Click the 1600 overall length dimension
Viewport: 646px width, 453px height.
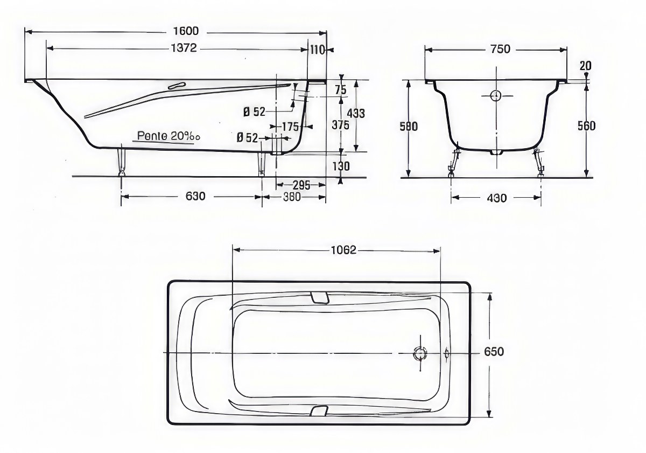[x=186, y=31]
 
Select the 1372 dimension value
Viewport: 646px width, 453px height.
[x=184, y=48]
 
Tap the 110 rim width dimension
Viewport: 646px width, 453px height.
[x=318, y=50]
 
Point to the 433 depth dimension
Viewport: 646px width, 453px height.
[x=356, y=114]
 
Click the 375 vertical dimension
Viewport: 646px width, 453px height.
[x=340, y=125]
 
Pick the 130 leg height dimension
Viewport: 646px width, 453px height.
[x=341, y=166]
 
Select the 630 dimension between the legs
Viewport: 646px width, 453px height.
[x=195, y=196]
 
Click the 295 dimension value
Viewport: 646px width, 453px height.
[x=301, y=185]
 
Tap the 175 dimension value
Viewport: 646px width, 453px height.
[x=290, y=127]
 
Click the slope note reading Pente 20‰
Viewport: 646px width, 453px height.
[x=168, y=136]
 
